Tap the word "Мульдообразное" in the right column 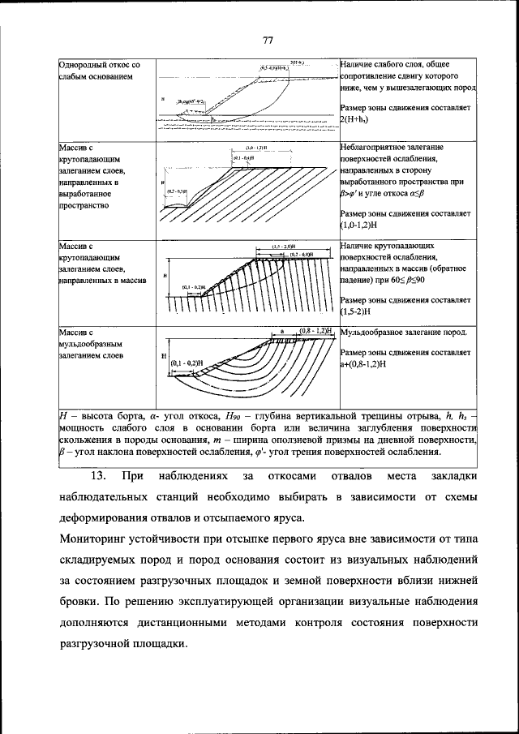[379, 333]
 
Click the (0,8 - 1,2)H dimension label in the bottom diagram [317, 332]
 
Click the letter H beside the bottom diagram [164, 357]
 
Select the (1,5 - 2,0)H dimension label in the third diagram [283, 246]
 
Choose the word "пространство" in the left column [88, 207]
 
